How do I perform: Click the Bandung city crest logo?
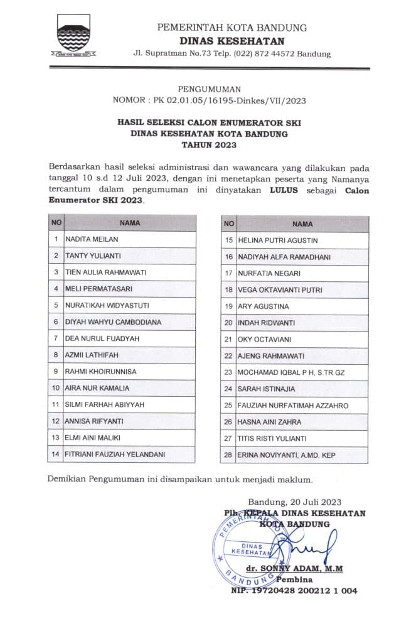[x=75, y=38]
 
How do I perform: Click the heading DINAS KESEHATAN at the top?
[x=232, y=40]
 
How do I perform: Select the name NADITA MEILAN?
[x=92, y=239]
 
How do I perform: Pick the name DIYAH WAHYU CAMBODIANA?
[x=113, y=322]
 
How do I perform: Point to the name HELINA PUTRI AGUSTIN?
[x=277, y=240]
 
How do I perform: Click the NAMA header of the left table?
[x=130, y=223]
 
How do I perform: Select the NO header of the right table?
[x=228, y=224]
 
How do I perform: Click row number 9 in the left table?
[x=56, y=371]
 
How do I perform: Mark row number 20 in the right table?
[x=228, y=323]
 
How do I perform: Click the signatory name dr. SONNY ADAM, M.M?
[x=294, y=568]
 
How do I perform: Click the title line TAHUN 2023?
[x=208, y=145]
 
